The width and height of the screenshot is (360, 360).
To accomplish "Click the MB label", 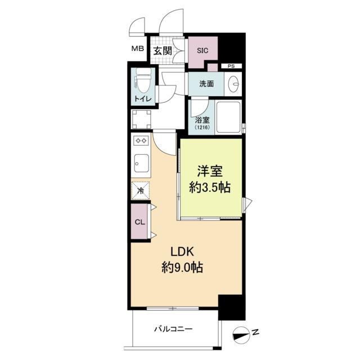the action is click(x=137, y=49).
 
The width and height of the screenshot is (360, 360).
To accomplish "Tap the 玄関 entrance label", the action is click(x=163, y=51).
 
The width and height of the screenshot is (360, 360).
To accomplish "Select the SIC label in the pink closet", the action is click(x=202, y=51).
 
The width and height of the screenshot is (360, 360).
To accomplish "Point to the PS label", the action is click(x=231, y=66).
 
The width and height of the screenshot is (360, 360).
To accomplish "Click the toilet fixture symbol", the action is click(x=144, y=80).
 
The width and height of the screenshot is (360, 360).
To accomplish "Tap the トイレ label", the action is click(x=143, y=99).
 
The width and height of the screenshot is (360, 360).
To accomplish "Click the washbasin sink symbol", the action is click(x=233, y=84).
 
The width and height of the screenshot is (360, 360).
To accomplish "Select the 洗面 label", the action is click(x=206, y=84).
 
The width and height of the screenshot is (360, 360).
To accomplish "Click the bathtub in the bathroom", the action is click(x=228, y=117).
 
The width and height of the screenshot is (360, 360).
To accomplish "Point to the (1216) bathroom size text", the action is click(x=202, y=127).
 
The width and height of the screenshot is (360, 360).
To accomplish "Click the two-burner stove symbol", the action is click(x=141, y=140).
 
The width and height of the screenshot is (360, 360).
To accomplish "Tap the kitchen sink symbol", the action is click(x=141, y=163).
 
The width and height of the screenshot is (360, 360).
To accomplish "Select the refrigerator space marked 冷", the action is click(x=141, y=190).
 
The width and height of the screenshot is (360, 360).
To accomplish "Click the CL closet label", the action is click(x=140, y=222).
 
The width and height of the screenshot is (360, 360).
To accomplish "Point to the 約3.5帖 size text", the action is click(x=210, y=188).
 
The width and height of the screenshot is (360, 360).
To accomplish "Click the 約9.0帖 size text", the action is click(x=182, y=267).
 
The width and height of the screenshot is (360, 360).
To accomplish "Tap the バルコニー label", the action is click(x=173, y=329).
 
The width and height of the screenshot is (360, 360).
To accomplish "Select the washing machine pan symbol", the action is click(x=142, y=120).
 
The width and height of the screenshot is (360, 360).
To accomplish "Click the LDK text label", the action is click(x=182, y=252).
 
